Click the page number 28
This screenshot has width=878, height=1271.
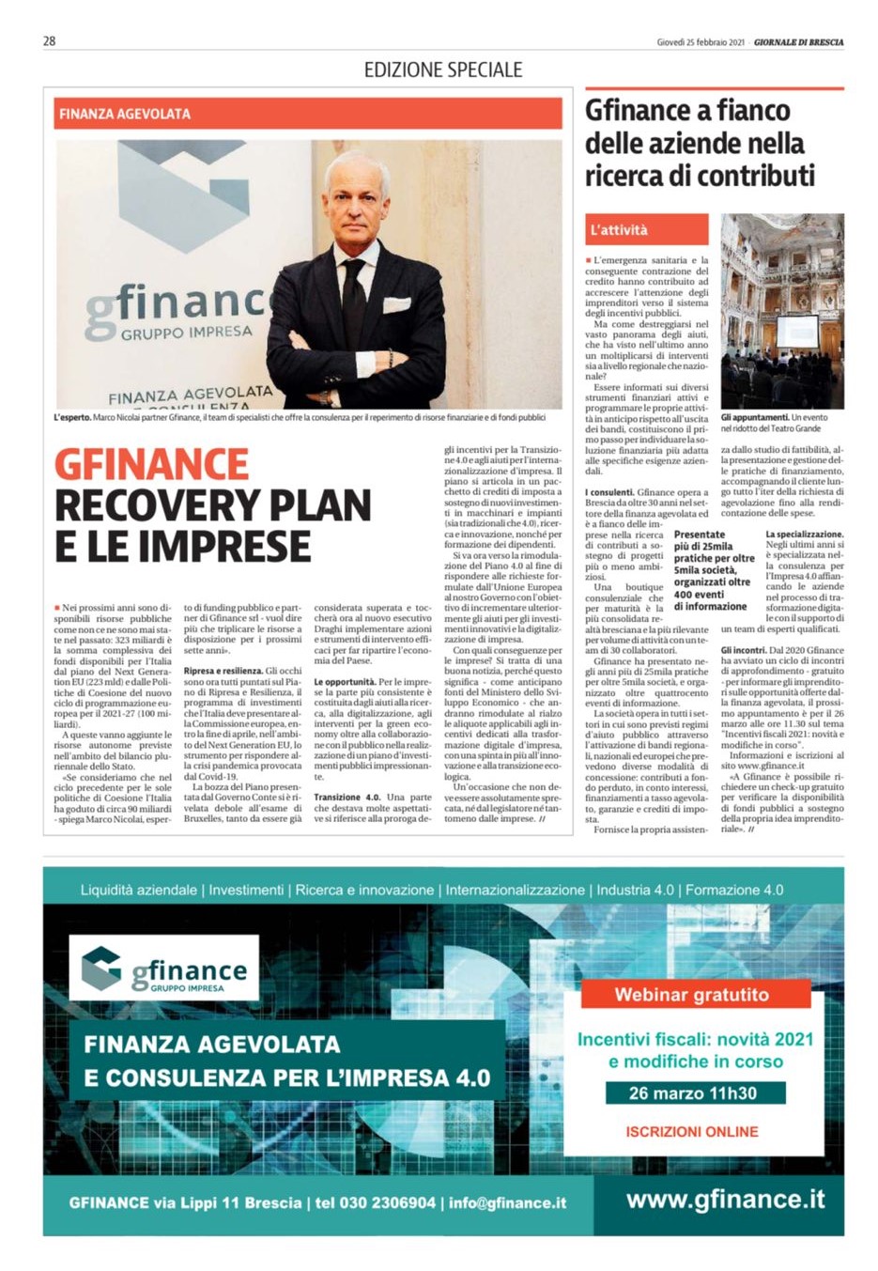point(49,40)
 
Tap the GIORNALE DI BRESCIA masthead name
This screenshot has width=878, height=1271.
point(798,42)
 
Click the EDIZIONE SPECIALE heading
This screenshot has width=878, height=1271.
point(442,70)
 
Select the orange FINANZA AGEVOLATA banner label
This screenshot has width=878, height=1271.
point(125,114)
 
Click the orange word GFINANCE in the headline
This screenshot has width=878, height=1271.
point(151,464)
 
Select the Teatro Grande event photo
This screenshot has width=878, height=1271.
point(781,311)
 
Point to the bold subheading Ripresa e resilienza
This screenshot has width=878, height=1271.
point(223,671)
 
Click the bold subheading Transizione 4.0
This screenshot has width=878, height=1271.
point(347,798)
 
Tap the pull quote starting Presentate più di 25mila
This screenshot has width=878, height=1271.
point(714,570)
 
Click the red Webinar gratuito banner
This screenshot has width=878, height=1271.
point(691,995)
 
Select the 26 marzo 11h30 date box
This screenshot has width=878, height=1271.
point(692,1093)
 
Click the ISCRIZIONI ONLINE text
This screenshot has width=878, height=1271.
point(692,1132)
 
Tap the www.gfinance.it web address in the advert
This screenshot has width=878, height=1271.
point(725,1200)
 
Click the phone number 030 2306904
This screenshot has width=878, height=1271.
point(375,1202)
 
